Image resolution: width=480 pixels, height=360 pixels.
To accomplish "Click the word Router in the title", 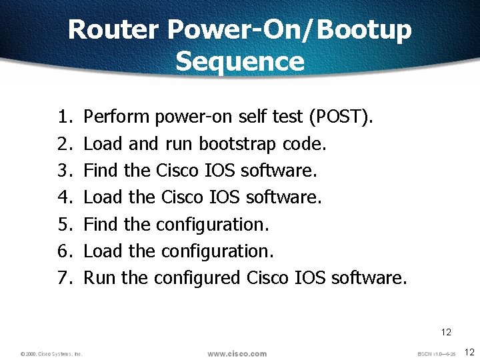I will pos(113,30).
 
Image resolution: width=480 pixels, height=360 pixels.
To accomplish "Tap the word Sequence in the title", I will pos(240,61).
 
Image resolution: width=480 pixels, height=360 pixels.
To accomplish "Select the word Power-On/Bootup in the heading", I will pos(290,30).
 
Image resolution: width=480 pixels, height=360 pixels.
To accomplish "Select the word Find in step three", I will pos(101,171).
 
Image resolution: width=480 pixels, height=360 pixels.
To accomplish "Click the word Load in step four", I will pos(103,197).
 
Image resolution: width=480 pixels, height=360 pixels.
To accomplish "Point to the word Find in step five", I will pos(101,224).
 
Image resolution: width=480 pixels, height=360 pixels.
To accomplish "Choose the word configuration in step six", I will pos(217,251).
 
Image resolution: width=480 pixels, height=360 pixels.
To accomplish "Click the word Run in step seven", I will pos(99,277).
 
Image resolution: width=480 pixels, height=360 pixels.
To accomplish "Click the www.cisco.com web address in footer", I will pos(237,353).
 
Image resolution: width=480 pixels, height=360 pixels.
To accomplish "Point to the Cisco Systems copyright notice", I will pos(51,353).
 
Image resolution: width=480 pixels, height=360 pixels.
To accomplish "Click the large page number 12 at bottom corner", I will pos(469,351).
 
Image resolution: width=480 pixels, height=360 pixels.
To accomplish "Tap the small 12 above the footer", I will pos(446,331).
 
